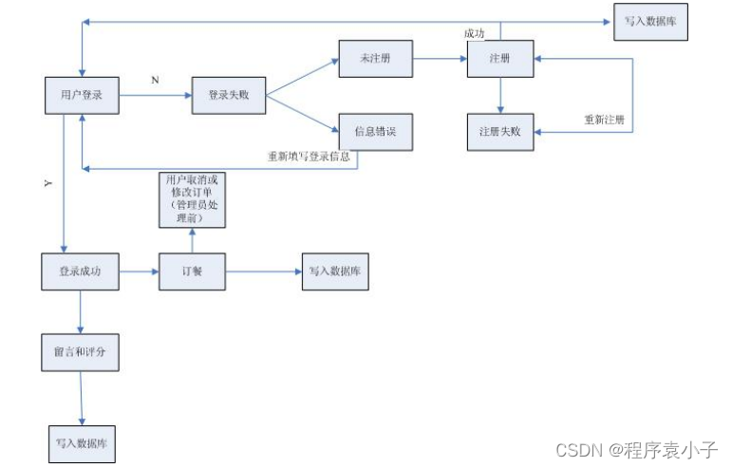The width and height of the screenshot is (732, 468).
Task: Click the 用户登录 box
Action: coord(81,95)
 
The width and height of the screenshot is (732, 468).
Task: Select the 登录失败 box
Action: coord(227,95)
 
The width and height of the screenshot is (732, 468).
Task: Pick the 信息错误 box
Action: coord(376,131)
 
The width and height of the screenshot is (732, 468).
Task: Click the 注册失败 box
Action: coord(500,131)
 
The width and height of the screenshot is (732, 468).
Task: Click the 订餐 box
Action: coord(192,272)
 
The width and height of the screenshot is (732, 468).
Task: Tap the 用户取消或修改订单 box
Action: coord(192,199)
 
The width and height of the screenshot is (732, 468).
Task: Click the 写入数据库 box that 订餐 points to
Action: coord(334,271)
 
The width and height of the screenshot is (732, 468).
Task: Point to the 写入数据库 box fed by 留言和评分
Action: coord(81,443)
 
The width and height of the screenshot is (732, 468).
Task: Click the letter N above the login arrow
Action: coord(155,80)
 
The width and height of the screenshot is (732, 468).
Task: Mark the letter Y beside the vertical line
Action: coord(48,184)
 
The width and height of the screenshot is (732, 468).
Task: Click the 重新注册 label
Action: coord(604,120)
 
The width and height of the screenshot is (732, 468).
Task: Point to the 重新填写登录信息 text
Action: coord(310,157)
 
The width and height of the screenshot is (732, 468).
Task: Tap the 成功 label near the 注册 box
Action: coord(475,33)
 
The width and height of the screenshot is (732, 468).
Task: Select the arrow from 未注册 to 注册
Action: coord(440,59)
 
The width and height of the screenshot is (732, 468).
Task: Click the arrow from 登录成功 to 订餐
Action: coord(138,272)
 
